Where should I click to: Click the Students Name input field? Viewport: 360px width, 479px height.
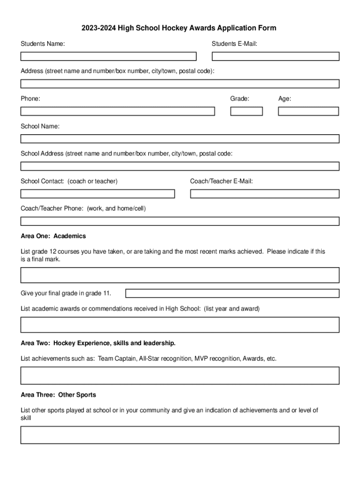point(108,57)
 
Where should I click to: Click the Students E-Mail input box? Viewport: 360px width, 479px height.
point(275,57)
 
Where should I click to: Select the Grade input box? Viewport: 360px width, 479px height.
point(246,111)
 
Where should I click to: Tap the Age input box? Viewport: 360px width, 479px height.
point(308,111)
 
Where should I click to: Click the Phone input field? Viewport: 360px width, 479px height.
point(117,111)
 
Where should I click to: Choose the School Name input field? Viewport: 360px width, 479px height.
point(180,139)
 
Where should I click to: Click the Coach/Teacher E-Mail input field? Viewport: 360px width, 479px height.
point(265,194)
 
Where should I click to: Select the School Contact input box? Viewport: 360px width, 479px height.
point(97,194)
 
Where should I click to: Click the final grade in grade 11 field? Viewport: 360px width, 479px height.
point(232,293)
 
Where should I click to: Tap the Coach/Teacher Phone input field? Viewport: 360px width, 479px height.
point(180,221)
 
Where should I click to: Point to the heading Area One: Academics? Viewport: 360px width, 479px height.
point(53,236)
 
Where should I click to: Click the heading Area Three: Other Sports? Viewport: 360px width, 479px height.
point(58,395)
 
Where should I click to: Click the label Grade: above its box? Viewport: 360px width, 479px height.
point(239,99)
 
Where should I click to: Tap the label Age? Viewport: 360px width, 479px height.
point(285,99)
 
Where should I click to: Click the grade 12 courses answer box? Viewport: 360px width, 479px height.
point(180,275)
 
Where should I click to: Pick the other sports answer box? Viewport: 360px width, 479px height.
point(180,435)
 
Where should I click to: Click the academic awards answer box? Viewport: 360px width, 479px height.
point(180,325)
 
